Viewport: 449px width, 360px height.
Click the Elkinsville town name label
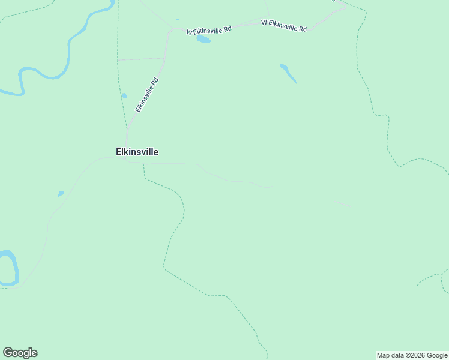[x=137, y=152]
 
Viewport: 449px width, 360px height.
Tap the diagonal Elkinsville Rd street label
[x=146, y=95]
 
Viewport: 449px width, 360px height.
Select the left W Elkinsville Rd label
[x=209, y=30]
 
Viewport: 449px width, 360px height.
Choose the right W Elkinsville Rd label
[x=284, y=25]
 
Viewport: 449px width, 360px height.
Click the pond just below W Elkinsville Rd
[x=203, y=40]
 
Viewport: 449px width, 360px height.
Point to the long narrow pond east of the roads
[x=288, y=73]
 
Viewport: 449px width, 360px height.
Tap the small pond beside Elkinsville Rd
[x=124, y=95]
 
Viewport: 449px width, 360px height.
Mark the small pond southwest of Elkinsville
[x=60, y=193]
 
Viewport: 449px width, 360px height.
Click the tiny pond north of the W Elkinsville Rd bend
[x=178, y=20]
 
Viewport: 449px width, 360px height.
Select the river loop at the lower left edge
[x=10, y=268]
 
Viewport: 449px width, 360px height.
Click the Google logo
[x=20, y=353]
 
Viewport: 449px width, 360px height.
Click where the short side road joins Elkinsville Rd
[x=164, y=58]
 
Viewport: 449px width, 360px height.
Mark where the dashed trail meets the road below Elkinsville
[x=144, y=163]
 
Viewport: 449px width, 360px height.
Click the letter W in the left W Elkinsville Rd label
[x=190, y=32]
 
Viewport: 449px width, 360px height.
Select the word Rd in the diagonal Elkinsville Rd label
[x=155, y=80]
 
